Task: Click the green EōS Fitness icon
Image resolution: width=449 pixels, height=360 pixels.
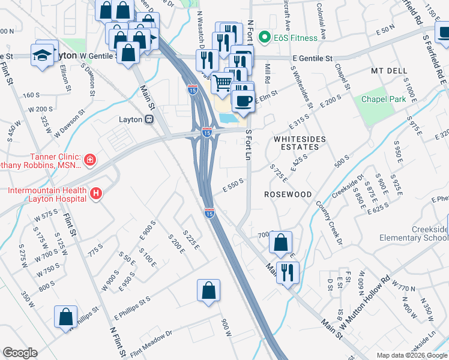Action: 263,38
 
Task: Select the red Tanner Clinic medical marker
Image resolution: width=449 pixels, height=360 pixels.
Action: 89,160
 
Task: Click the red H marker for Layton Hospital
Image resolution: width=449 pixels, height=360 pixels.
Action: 96,194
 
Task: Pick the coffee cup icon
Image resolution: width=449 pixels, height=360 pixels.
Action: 243,100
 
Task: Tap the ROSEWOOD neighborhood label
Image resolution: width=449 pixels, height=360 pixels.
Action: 288,195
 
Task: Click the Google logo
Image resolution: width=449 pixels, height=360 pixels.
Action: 20,353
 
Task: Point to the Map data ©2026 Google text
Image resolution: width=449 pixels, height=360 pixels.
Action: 412,355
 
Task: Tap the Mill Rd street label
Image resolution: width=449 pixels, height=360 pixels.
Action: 268,74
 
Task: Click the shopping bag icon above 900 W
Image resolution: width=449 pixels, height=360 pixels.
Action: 208,290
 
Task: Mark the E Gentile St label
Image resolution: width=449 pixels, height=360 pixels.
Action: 312,59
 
